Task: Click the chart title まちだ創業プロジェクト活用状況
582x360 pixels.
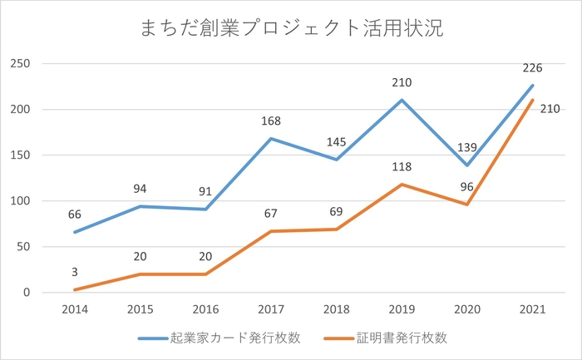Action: (291, 30)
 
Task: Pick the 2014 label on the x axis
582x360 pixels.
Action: (74, 308)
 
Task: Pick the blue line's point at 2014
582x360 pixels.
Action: (74, 232)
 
